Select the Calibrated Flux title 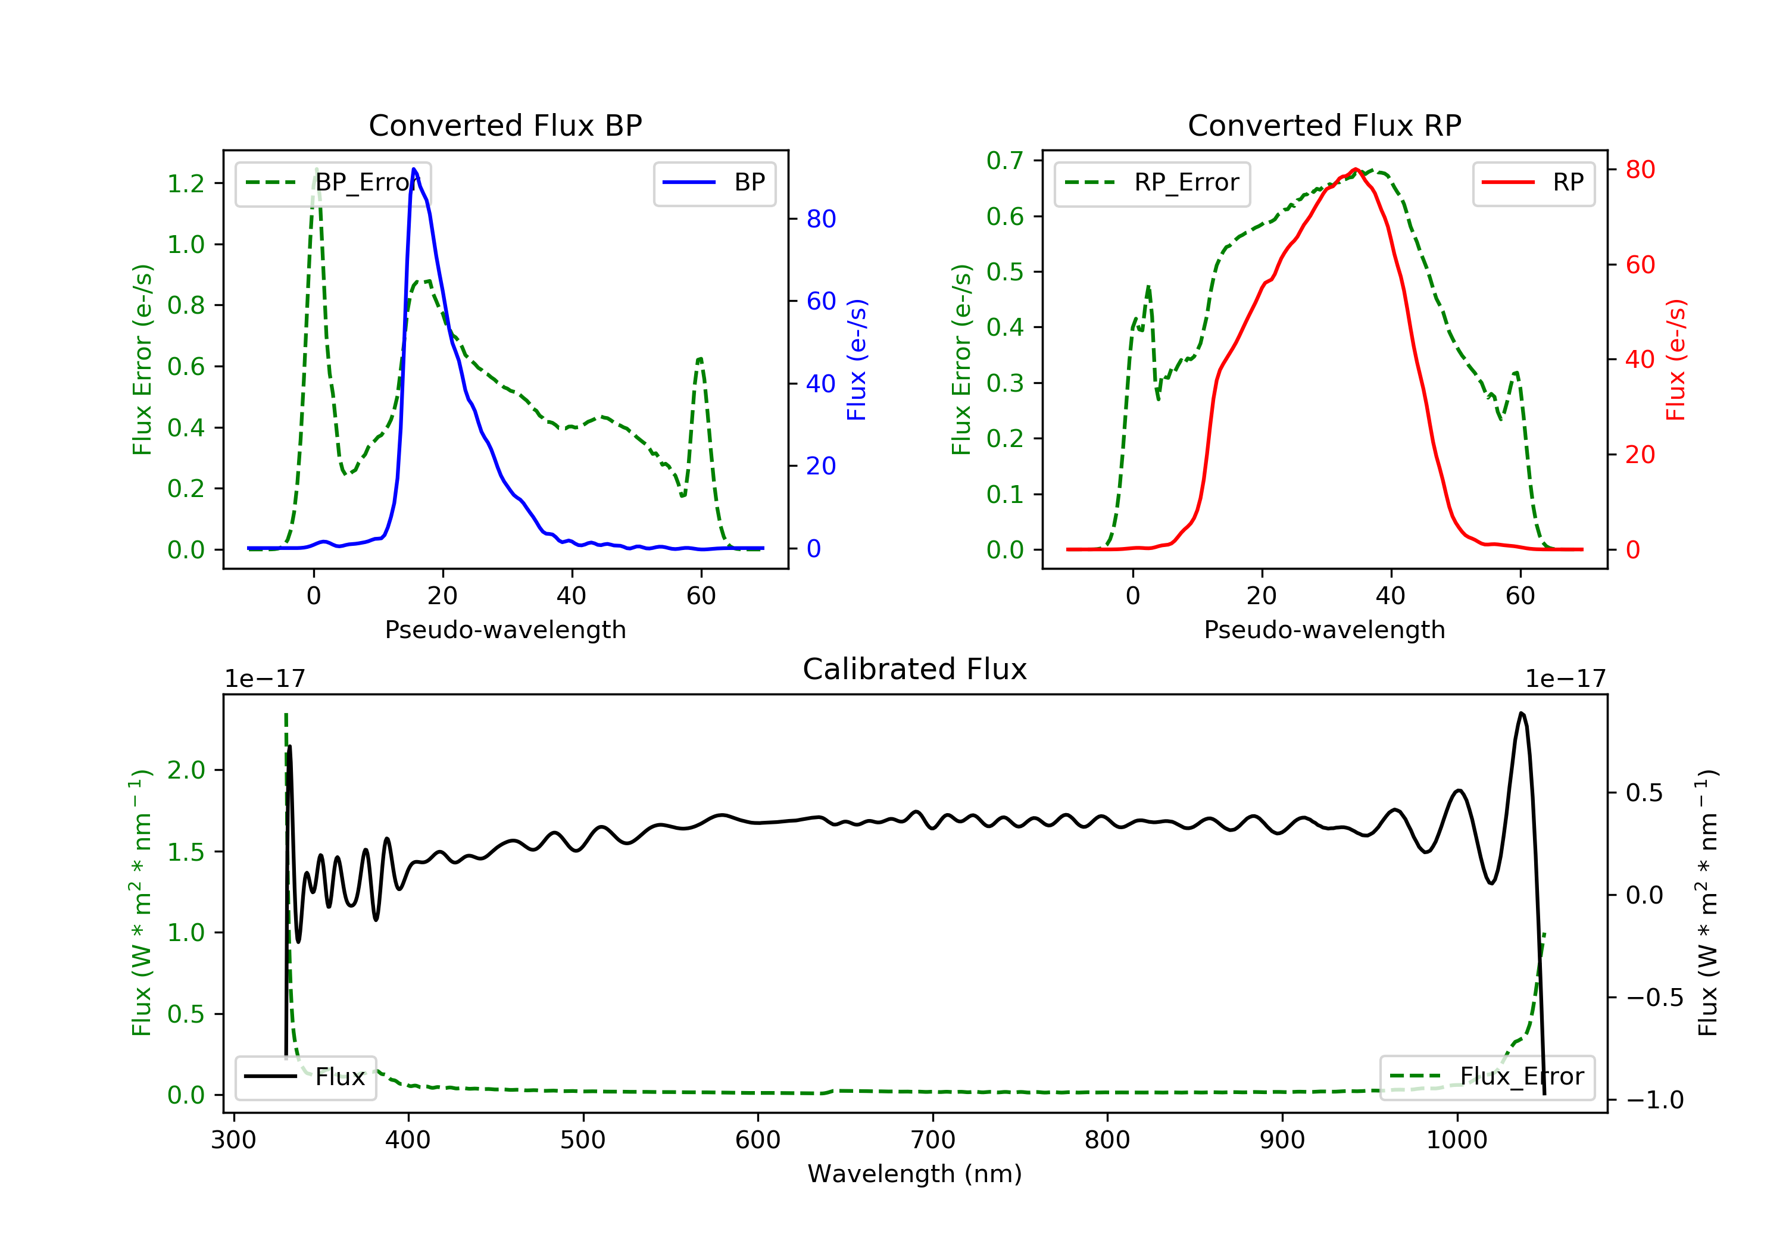pos(915,670)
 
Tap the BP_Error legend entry pos(333,183)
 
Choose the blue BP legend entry pos(714,183)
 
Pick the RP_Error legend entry pos(1152,183)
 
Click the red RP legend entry pos(1533,183)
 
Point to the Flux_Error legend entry pos(1487,1077)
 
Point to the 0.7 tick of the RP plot pos(1005,161)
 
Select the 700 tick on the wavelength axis pos(933,1140)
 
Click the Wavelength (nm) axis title pos(915,1174)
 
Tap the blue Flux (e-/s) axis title pos(857,360)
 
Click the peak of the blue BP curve pos(414,169)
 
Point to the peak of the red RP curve pos(1355,170)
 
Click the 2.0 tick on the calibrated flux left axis pos(186,771)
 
